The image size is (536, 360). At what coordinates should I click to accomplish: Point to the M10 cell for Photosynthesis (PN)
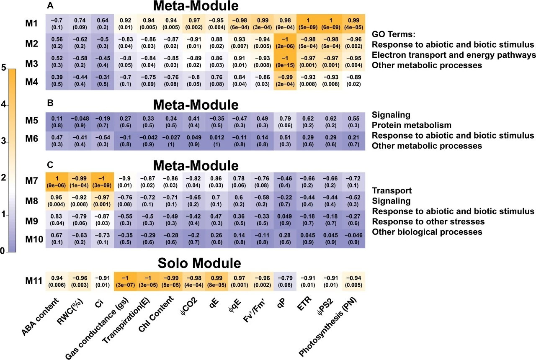point(353,239)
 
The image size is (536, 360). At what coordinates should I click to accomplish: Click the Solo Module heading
point(199,263)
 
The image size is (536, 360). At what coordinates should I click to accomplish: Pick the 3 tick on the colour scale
point(5,142)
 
